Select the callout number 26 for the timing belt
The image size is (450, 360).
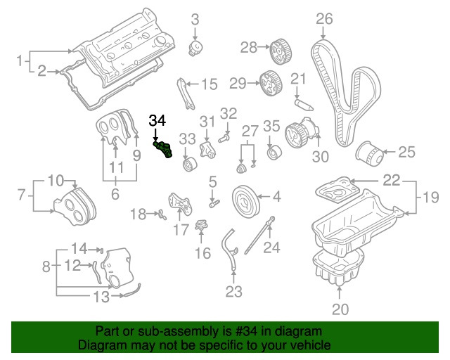323,18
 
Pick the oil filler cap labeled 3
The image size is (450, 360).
196,49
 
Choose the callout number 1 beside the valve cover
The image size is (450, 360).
21,60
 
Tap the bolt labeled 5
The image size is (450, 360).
214,203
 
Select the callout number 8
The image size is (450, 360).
46,266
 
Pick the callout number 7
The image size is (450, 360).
21,193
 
